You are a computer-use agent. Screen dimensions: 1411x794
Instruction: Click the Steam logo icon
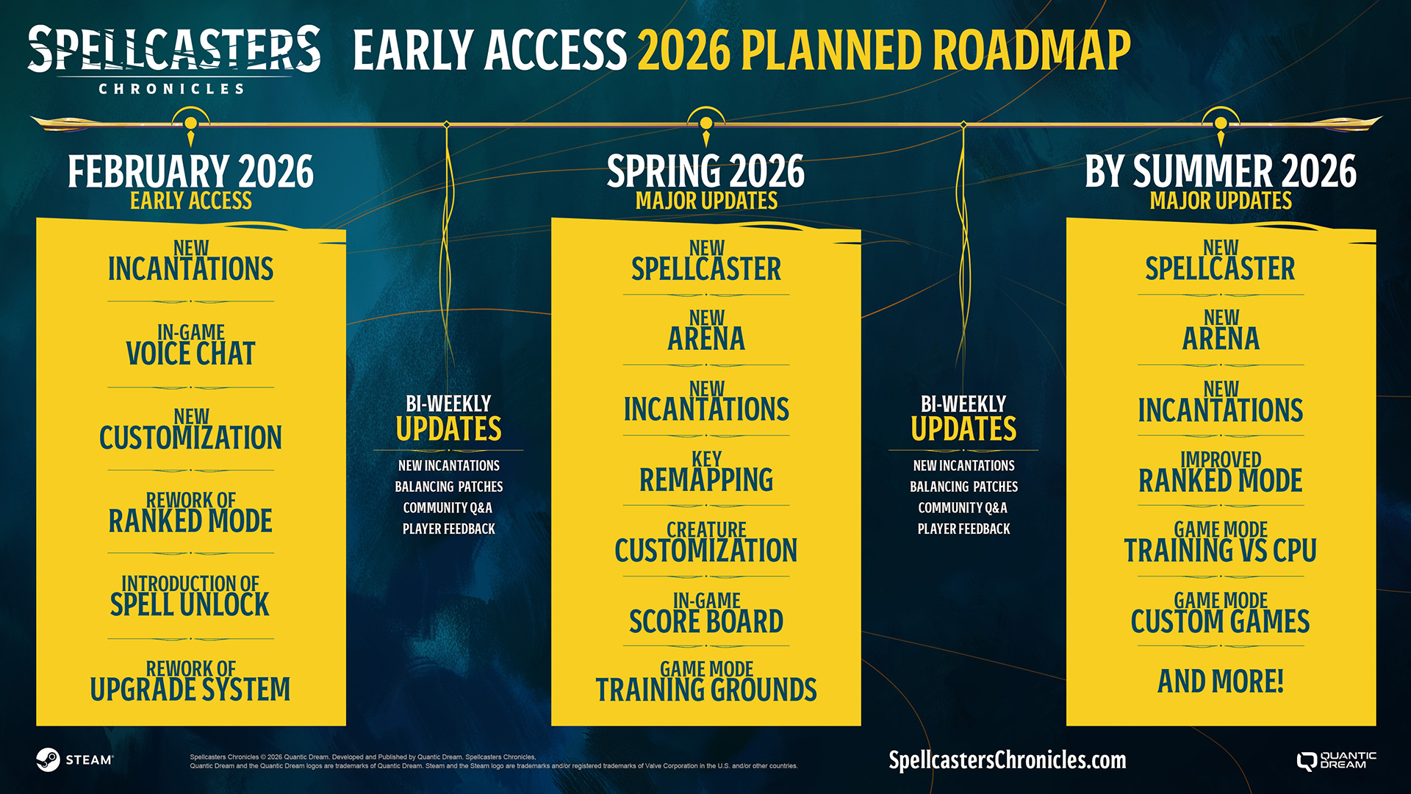coord(48,759)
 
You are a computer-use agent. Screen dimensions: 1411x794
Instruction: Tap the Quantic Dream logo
coord(1337,760)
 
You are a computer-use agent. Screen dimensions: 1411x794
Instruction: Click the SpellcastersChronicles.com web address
coord(1007,760)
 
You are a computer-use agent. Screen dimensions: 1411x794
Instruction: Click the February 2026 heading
coord(191,171)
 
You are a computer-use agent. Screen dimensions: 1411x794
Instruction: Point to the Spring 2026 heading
coord(705,171)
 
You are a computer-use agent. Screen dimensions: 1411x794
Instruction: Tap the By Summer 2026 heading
coord(1221,171)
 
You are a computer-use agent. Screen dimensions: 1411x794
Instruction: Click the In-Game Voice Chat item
coord(191,345)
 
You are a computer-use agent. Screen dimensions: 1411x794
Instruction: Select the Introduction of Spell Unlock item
coord(190,596)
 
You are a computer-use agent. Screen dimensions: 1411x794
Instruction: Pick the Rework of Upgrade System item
coord(190,682)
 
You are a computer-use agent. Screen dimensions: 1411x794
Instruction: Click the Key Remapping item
coord(706,471)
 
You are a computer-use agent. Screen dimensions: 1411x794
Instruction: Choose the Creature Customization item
coord(706,542)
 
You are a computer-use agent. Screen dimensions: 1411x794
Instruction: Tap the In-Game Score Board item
coord(706,613)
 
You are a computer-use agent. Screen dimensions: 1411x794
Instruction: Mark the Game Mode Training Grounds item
coord(706,682)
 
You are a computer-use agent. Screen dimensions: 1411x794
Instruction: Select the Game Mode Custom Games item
coord(1221,613)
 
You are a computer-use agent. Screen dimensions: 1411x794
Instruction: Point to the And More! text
coord(1221,682)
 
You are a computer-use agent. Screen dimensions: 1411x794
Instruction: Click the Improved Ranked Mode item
coord(1221,472)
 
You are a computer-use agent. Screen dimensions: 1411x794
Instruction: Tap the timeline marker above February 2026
coord(191,124)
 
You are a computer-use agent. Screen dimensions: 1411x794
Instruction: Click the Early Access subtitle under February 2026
coord(191,201)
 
